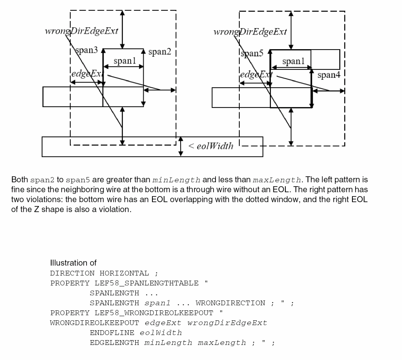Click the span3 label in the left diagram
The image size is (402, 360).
coord(87,50)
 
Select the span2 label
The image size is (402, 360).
coord(159,52)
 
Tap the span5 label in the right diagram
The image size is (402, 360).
coord(252,54)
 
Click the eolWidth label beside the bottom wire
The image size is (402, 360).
coord(210,146)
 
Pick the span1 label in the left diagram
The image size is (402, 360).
coord(125,61)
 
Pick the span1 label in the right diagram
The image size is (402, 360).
coord(294,61)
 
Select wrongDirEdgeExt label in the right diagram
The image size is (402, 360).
coord(250,32)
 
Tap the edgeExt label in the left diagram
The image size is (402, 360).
coord(85,74)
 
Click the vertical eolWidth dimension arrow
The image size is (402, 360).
coord(181,146)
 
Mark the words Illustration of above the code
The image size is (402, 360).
coord(73,263)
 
